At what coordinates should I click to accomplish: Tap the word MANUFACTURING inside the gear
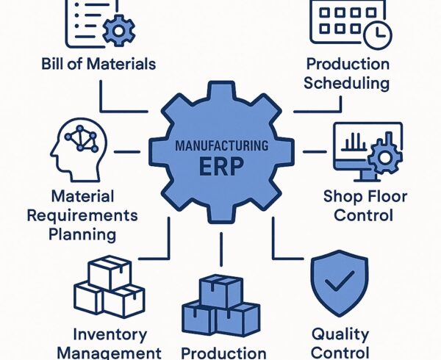tap(220, 147)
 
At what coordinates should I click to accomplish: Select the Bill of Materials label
tap(98, 64)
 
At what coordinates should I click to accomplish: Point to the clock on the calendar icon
tap(379, 33)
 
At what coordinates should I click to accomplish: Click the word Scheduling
tap(348, 82)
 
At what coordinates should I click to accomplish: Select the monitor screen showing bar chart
tap(356, 143)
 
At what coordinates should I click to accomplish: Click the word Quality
tap(340, 334)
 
